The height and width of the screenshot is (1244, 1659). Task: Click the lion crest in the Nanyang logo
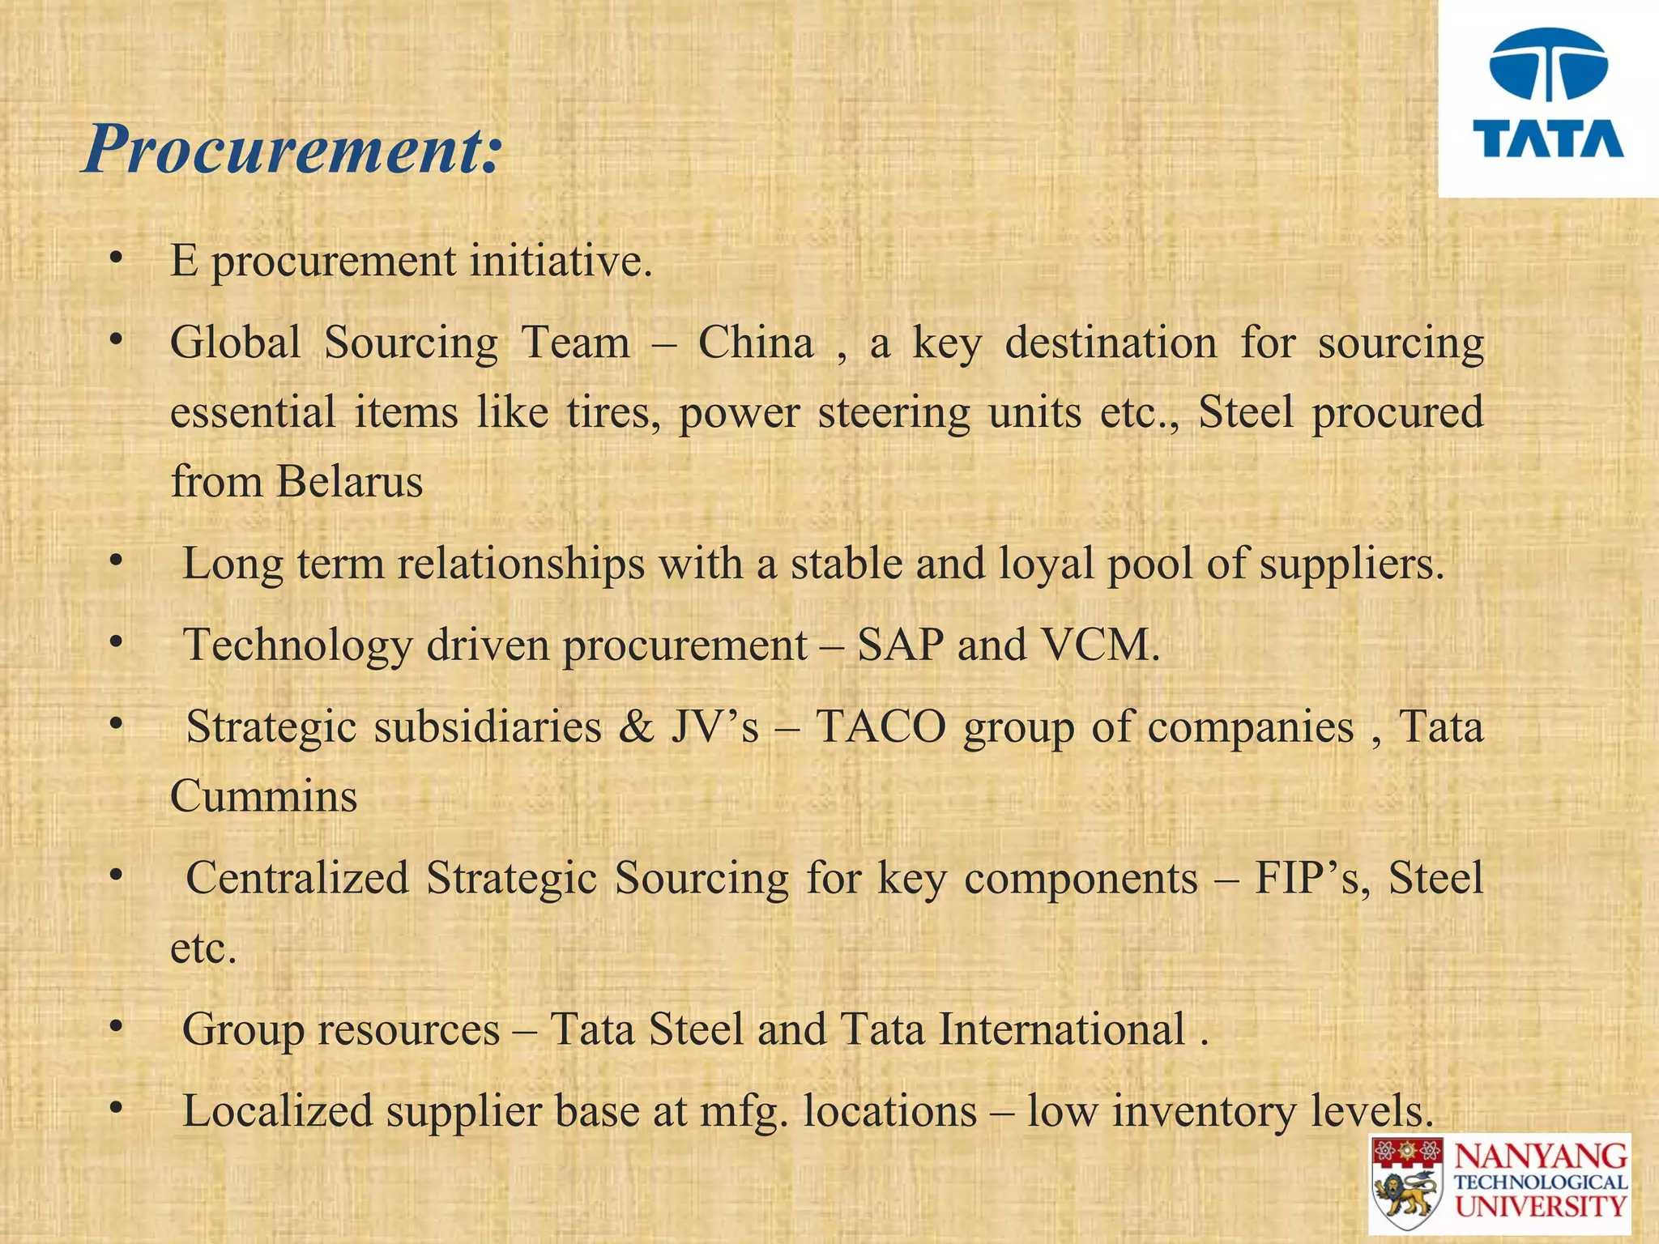click(x=1408, y=1187)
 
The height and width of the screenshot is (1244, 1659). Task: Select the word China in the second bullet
click(x=756, y=343)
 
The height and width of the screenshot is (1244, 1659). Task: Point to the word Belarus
click(x=349, y=482)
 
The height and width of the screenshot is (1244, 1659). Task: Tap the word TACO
click(x=881, y=726)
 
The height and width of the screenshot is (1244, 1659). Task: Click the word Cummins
click(x=263, y=796)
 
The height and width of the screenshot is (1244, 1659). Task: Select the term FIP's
click(x=1311, y=878)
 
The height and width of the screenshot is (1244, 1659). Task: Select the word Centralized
click(x=297, y=878)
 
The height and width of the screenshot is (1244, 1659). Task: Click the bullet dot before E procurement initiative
click(x=117, y=259)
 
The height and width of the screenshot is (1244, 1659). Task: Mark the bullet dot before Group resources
click(x=117, y=1027)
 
